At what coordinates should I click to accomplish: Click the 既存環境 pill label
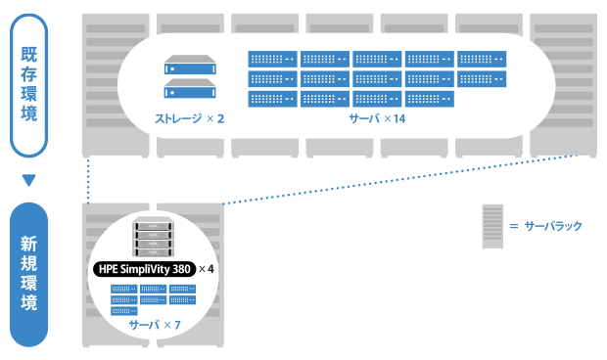28,85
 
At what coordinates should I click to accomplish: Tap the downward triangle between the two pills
28,180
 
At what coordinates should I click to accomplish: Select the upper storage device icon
189,67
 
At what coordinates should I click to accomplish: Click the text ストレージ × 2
189,118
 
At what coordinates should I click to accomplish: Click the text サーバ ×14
377,118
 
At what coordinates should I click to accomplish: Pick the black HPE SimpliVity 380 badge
144,268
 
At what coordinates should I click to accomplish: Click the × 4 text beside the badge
207,268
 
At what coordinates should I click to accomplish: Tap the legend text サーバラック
553,226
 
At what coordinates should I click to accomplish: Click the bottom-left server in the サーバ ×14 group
272,98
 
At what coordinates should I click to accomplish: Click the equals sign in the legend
513,226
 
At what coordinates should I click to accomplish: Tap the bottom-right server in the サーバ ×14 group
429,98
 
